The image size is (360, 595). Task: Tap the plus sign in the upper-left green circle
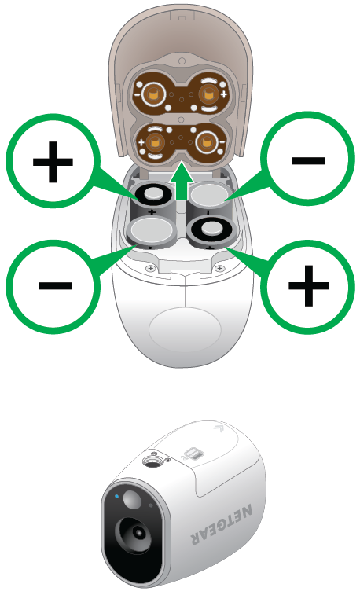point(53,162)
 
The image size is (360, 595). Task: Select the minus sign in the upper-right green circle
point(308,160)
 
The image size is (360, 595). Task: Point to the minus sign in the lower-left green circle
point(55,286)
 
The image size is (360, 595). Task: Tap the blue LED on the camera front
point(117,496)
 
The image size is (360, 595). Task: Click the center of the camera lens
point(138,533)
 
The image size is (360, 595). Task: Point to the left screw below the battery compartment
point(151,269)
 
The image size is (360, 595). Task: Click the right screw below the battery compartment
point(219,269)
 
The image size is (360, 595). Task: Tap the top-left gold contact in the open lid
point(154,93)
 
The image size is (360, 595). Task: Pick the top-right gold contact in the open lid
point(208,93)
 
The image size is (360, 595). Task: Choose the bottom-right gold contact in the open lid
point(206,143)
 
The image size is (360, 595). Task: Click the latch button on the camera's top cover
point(193,453)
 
